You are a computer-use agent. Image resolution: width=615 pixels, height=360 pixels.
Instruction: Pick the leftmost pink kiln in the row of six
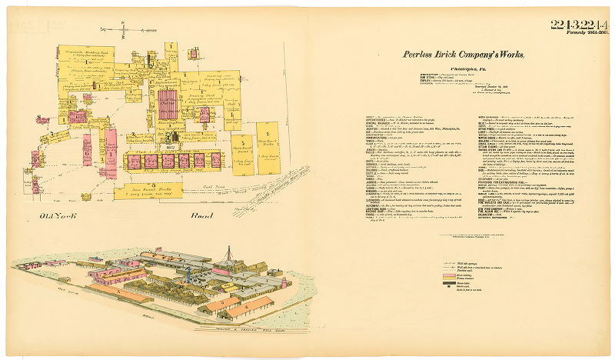click(134, 161)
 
